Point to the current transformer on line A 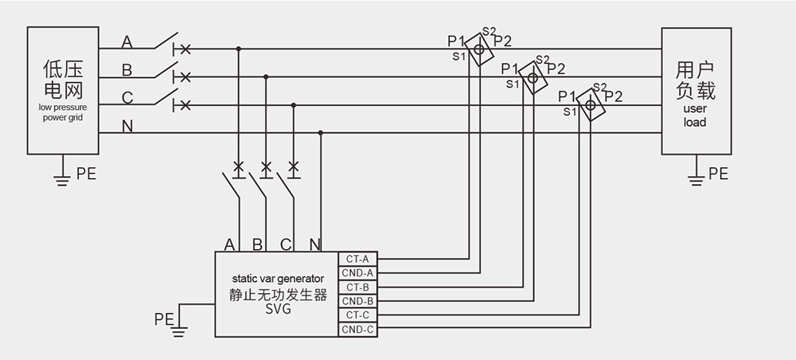pyautogui.click(x=479, y=49)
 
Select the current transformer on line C pyautogui.click(x=590, y=104)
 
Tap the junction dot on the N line pyautogui.click(x=321, y=133)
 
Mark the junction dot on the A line pyautogui.click(x=238, y=49)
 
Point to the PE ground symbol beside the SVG pyautogui.click(x=181, y=326)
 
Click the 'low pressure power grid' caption pyautogui.click(x=62, y=112)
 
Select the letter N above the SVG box pyautogui.click(x=314, y=245)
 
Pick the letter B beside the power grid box pyautogui.click(x=127, y=71)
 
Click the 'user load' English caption pyautogui.click(x=695, y=116)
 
